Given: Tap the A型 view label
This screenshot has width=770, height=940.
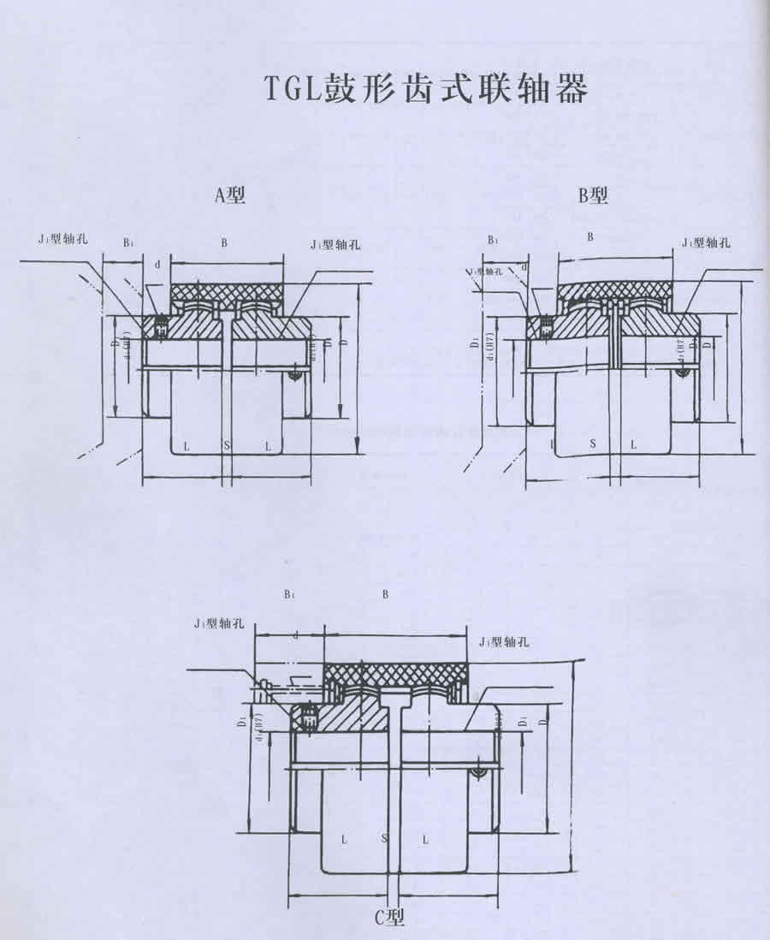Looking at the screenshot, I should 229,196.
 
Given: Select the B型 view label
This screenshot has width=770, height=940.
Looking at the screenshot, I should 593,196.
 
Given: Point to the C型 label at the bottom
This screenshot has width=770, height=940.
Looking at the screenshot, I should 388,918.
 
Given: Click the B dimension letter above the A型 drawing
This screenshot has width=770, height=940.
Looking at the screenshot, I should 224,243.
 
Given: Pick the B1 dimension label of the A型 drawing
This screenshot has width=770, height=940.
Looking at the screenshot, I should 127,243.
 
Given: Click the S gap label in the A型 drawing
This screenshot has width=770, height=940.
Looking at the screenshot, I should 227,445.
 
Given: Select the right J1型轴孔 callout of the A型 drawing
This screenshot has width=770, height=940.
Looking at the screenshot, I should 335,244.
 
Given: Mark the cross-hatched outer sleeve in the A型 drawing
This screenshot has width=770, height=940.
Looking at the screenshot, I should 226,292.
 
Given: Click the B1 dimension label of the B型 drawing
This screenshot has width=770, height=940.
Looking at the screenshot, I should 493,241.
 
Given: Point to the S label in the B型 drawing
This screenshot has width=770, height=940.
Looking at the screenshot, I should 593,445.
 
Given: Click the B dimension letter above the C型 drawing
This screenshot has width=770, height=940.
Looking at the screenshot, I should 385,593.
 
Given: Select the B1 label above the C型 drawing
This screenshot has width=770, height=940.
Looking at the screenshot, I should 288,593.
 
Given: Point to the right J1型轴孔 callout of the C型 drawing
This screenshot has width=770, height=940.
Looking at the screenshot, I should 505,640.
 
